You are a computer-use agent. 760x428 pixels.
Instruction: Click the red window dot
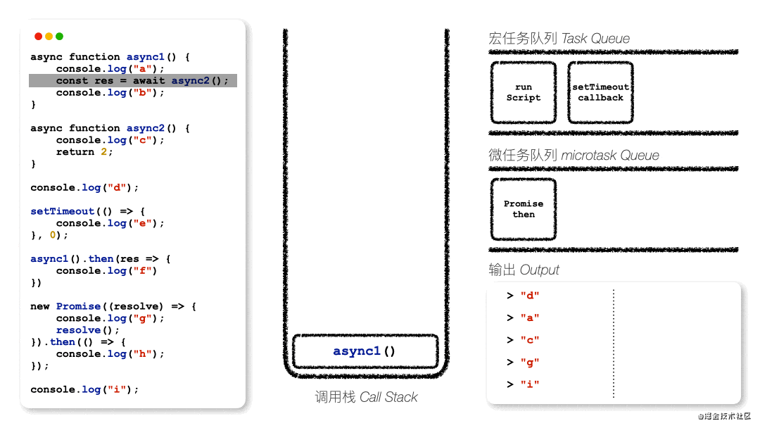[38, 37]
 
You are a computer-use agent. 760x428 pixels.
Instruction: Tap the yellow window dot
[49, 37]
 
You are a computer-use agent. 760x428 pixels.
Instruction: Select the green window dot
[60, 37]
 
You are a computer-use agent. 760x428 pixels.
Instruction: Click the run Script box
[524, 92]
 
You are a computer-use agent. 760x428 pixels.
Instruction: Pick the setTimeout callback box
[600, 92]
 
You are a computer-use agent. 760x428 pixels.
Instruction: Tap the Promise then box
[524, 209]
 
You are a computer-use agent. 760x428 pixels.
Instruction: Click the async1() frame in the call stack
[365, 351]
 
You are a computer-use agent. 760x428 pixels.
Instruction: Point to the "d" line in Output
[523, 296]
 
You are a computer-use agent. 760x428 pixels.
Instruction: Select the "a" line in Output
[523, 318]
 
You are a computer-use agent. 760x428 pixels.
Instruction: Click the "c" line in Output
[523, 340]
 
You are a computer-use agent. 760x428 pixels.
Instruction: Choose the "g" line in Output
[523, 363]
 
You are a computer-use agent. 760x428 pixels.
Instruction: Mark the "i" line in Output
[523, 384]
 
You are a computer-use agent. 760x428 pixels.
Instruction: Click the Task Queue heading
[559, 38]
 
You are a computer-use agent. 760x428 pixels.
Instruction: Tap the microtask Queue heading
[574, 155]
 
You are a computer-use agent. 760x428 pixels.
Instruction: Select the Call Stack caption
[366, 397]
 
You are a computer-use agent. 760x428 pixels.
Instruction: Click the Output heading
[524, 270]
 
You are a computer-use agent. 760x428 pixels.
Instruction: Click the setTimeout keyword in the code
[62, 211]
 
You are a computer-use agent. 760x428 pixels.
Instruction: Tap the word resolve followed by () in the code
[79, 330]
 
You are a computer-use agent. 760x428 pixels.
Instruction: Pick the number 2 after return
[103, 152]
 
